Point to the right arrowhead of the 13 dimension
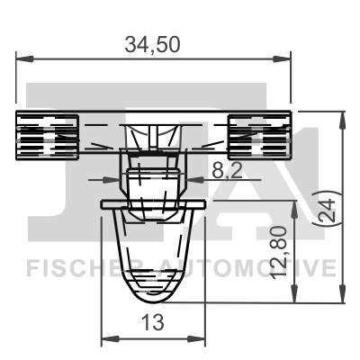click(202, 339)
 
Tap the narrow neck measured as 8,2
click(154, 180)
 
